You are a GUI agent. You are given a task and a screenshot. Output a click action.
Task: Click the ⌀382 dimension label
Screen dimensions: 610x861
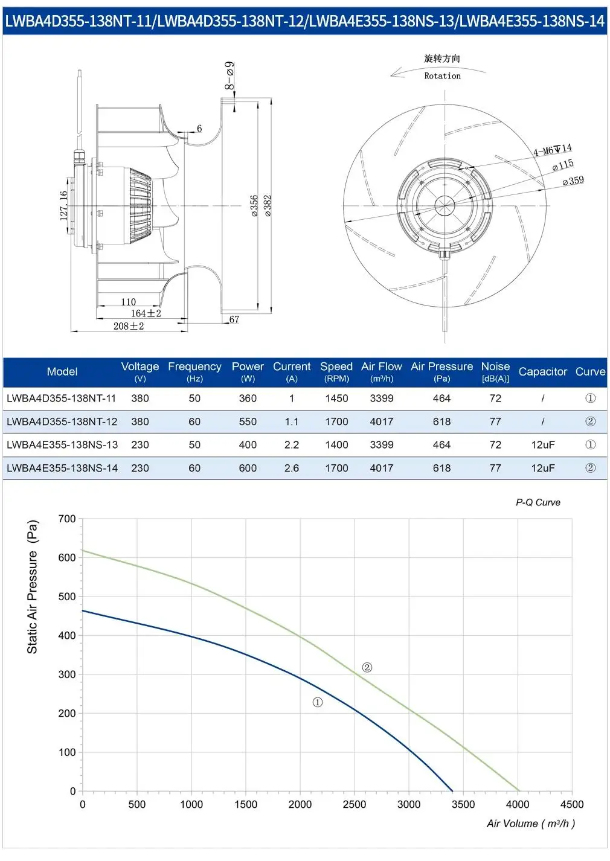pyautogui.click(x=268, y=205)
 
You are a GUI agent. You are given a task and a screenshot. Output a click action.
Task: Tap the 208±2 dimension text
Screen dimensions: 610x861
pyautogui.click(x=129, y=326)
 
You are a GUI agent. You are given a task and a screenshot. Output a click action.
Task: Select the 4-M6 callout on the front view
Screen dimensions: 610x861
pyautogui.click(x=553, y=150)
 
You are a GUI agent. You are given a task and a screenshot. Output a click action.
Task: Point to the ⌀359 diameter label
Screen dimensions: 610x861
pyautogui.click(x=573, y=181)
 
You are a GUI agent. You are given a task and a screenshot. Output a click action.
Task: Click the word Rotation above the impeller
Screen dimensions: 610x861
pyautogui.click(x=443, y=75)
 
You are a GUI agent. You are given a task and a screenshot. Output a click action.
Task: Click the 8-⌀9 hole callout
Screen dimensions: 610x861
pyautogui.click(x=230, y=75)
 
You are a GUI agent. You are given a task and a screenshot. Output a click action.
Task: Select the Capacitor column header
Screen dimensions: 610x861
pyautogui.click(x=543, y=372)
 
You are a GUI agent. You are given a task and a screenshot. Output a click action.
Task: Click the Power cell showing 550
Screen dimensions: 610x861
pyautogui.click(x=248, y=421)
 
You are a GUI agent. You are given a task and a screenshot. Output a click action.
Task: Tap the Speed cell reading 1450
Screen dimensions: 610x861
pyautogui.click(x=337, y=398)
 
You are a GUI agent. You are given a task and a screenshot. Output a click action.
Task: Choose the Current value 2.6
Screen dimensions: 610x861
pyautogui.click(x=292, y=468)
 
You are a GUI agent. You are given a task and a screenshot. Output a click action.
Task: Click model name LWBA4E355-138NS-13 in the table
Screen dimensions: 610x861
pyautogui.click(x=62, y=445)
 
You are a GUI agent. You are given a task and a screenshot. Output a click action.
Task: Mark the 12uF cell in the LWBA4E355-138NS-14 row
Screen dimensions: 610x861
pyautogui.click(x=543, y=468)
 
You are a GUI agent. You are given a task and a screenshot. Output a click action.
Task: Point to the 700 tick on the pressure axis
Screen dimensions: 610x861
pyautogui.click(x=67, y=519)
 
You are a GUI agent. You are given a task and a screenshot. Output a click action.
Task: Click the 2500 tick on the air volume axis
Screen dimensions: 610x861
pyautogui.click(x=355, y=804)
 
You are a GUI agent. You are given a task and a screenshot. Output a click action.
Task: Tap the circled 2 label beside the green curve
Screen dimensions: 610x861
pyautogui.click(x=367, y=668)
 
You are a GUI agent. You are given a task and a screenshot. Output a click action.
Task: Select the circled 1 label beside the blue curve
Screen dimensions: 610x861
pyautogui.click(x=318, y=703)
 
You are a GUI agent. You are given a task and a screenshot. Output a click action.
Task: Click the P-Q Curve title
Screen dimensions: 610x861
pyautogui.click(x=538, y=502)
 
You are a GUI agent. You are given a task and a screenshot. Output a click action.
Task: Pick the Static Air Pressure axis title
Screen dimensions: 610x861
pyautogui.click(x=32, y=586)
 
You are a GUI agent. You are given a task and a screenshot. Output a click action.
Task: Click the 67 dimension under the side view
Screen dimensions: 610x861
pyautogui.click(x=234, y=319)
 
